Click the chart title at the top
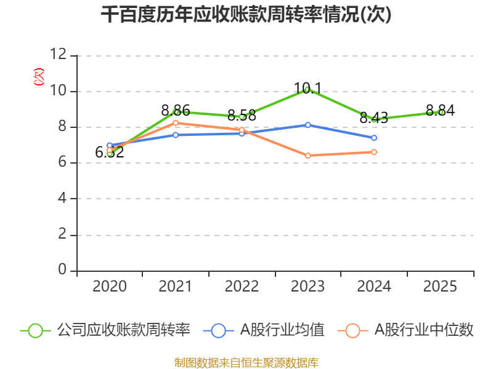point(246,15)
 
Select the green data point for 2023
point(308,90)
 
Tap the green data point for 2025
point(441,112)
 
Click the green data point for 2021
point(176,112)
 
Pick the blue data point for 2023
point(308,125)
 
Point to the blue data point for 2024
point(374,138)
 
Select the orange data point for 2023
point(308,156)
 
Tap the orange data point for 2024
point(374,152)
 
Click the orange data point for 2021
point(176,123)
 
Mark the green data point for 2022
point(242,117)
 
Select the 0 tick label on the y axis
point(62,270)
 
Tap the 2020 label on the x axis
point(109,287)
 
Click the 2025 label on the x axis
point(441,287)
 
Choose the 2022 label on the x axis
point(242,287)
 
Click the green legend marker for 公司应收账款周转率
point(35,330)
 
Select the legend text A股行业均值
point(282,330)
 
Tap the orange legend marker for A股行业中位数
point(352,330)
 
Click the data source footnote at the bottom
point(246,362)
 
